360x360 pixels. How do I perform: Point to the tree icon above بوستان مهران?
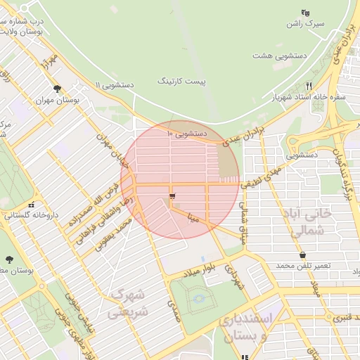(57, 89)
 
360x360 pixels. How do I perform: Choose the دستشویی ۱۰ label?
(186, 133)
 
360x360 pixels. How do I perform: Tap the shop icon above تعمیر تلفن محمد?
(302, 255)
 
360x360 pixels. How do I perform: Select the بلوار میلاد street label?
(198, 271)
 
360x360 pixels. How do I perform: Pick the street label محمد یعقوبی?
(114, 236)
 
